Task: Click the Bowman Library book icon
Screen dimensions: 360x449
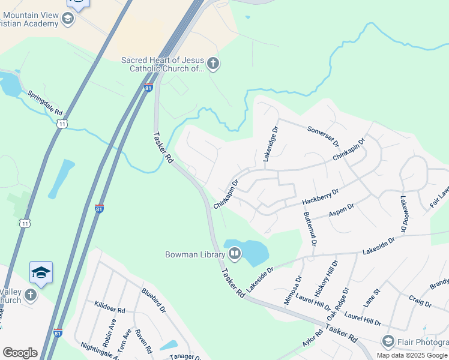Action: (234, 254)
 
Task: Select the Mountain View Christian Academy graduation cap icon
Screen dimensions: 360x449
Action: (68, 20)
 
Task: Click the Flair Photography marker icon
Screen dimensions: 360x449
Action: (388, 341)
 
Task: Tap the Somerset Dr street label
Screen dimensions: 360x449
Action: (324, 136)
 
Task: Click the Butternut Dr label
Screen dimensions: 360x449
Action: (310, 229)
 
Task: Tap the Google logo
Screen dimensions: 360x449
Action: (20, 353)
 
